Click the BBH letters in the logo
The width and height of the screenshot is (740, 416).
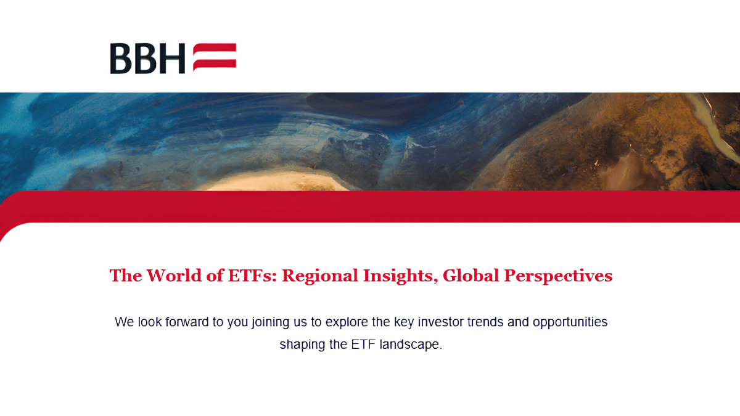click(x=147, y=59)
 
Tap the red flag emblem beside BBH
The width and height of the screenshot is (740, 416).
click(x=215, y=57)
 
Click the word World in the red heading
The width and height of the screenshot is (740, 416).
click(x=174, y=275)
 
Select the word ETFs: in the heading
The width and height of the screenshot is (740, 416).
click(x=252, y=275)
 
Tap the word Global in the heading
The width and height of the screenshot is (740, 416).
click(x=471, y=275)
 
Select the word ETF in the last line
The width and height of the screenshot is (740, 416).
click(x=363, y=344)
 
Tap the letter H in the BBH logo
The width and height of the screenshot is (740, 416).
click(x=172, y=59)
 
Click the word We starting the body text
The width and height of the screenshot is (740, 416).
click(x=124, y=322)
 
